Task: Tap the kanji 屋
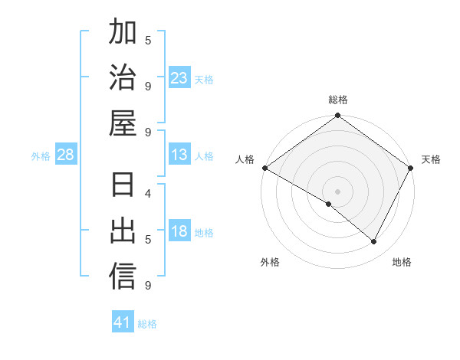[123, 123]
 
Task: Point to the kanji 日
[123, 186]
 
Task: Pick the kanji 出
[123, 231]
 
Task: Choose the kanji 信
[123, 277]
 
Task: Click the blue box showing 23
[179, 78]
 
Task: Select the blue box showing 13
[179, 155]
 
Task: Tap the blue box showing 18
[179, 232]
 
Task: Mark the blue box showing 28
[66, 155]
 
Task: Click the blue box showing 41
[123, 322]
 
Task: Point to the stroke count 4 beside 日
[148, 193]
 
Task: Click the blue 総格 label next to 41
[147, 324]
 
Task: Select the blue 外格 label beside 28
[41, 156]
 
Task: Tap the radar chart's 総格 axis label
[337, 100]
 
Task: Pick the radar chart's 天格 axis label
[431, 159]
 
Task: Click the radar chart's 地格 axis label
[402, 262]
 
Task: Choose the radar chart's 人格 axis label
[245, 159]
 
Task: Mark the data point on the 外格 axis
[329, 204]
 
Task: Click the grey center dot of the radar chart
[337, 191]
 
